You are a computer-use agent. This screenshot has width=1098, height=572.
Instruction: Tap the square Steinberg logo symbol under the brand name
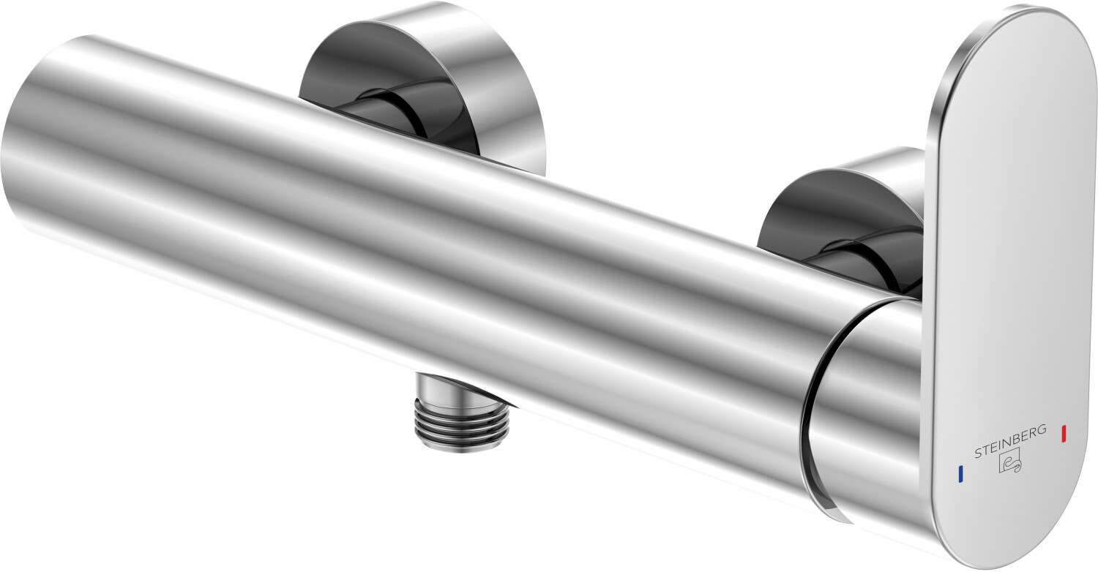(1010, 462)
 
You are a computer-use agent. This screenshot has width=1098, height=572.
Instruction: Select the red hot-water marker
(1064, 434)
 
